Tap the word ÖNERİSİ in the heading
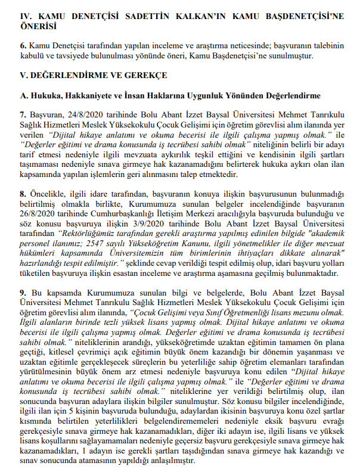39,27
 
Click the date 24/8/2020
80,114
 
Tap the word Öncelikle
48,194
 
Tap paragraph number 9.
22,293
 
